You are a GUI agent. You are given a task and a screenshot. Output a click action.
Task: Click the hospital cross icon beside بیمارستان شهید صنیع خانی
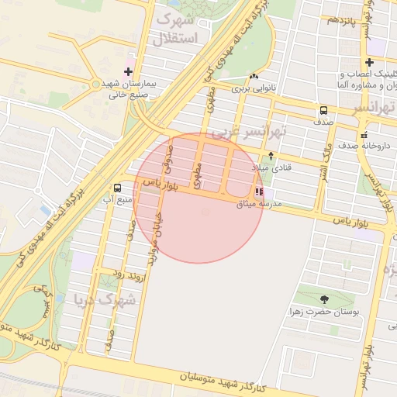(129, 71)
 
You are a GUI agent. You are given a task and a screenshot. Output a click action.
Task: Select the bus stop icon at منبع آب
(117, 188)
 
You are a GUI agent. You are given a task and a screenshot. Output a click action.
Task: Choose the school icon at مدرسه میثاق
(258, 191)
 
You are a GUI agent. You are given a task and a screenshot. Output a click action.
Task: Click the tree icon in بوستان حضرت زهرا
(323, 299)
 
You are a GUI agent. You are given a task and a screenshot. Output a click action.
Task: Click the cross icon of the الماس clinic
(371, 62)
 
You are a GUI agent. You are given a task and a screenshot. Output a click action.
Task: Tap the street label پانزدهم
(341, 19)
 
